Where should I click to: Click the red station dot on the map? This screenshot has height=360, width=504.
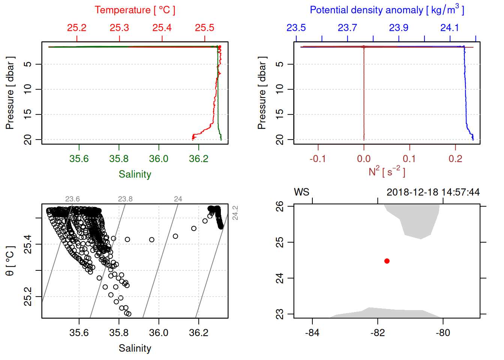click(387, 261)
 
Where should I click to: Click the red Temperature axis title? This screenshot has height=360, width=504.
click(135, 10)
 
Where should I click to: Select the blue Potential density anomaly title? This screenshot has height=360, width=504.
click(387, 10)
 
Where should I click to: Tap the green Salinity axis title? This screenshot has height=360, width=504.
click(135, 174)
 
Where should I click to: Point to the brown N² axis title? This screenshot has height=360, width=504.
click(387, 172)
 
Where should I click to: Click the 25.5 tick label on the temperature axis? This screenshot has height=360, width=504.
click(204, 28)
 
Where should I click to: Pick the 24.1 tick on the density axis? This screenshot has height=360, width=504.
click(450, 28)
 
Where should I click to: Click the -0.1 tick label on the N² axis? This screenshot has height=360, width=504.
click(318, 159)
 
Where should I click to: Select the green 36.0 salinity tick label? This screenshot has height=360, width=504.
click(159, 159)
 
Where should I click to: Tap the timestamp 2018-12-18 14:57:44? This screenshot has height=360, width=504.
click(433, 192)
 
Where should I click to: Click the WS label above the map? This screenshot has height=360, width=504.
click(301, 192)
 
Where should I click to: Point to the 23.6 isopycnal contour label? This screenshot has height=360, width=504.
click(72, 199)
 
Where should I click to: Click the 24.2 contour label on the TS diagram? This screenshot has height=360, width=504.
click(235, 213)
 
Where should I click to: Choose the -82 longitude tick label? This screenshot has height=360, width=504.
click(378, 333)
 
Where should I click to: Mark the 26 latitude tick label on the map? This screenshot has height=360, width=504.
click(280, 206)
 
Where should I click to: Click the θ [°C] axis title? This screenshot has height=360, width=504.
click(10, 261)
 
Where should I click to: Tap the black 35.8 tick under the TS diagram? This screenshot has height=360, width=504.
click(119, 333)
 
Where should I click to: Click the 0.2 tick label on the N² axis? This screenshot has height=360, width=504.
click(455, 159)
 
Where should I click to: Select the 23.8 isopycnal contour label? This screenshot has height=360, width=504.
click(125, 199)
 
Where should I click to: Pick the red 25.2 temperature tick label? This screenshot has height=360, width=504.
click(76, 28)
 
